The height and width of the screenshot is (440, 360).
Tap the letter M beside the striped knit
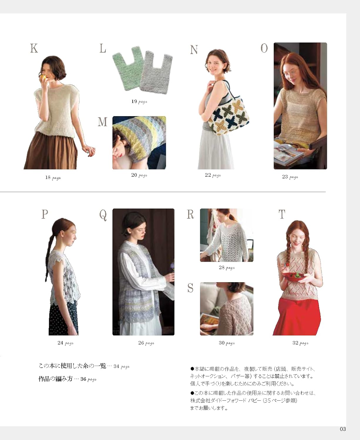pyautogui.click(x=102, y=121)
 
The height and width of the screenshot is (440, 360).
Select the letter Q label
pyautogui.click(x=103, y=215)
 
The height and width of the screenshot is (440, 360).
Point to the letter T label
pyautogui.click(x=282, y=214)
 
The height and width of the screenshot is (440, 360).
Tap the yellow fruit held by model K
pyautogui.click(x=44, y=77)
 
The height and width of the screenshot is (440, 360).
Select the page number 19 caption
pyautogui.click(x=139, y=101)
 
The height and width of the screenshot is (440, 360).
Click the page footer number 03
pyautogui.click(x=343, y=429)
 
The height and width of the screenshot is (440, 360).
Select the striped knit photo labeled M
pyautogui.click(x=139, y=143)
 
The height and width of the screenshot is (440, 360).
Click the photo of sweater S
pyautogui.click(x=226, y=309)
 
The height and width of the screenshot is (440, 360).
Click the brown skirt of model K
pyautogui.click(x=50, y=153)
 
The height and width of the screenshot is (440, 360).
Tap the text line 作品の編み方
pyautogui.click(x=55, y=379)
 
